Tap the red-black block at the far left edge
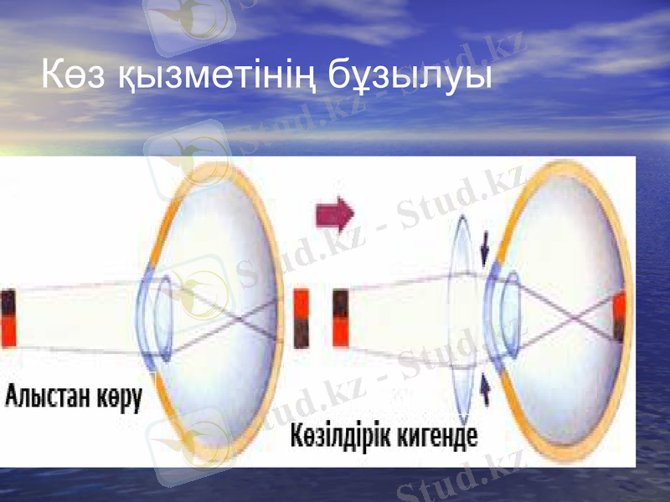(x=8, y=317)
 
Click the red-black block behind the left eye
(x=303, y=318)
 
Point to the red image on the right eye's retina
(x=619, y=317)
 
